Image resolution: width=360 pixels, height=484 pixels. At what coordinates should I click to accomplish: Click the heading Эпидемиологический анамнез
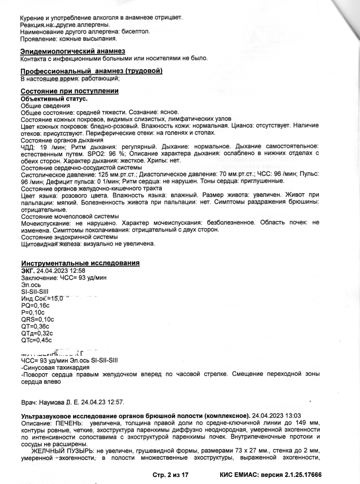pos(73,51)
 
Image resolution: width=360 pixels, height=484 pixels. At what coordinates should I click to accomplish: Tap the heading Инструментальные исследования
pos(80,263)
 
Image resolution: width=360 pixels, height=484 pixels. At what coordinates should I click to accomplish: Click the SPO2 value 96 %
pos(118,154)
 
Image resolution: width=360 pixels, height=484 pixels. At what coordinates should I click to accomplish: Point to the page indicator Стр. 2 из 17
pos(171,475)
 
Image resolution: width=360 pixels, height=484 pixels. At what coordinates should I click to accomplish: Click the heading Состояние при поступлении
pos(69,91)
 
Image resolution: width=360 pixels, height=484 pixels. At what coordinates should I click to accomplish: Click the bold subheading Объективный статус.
pos(54,99)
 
